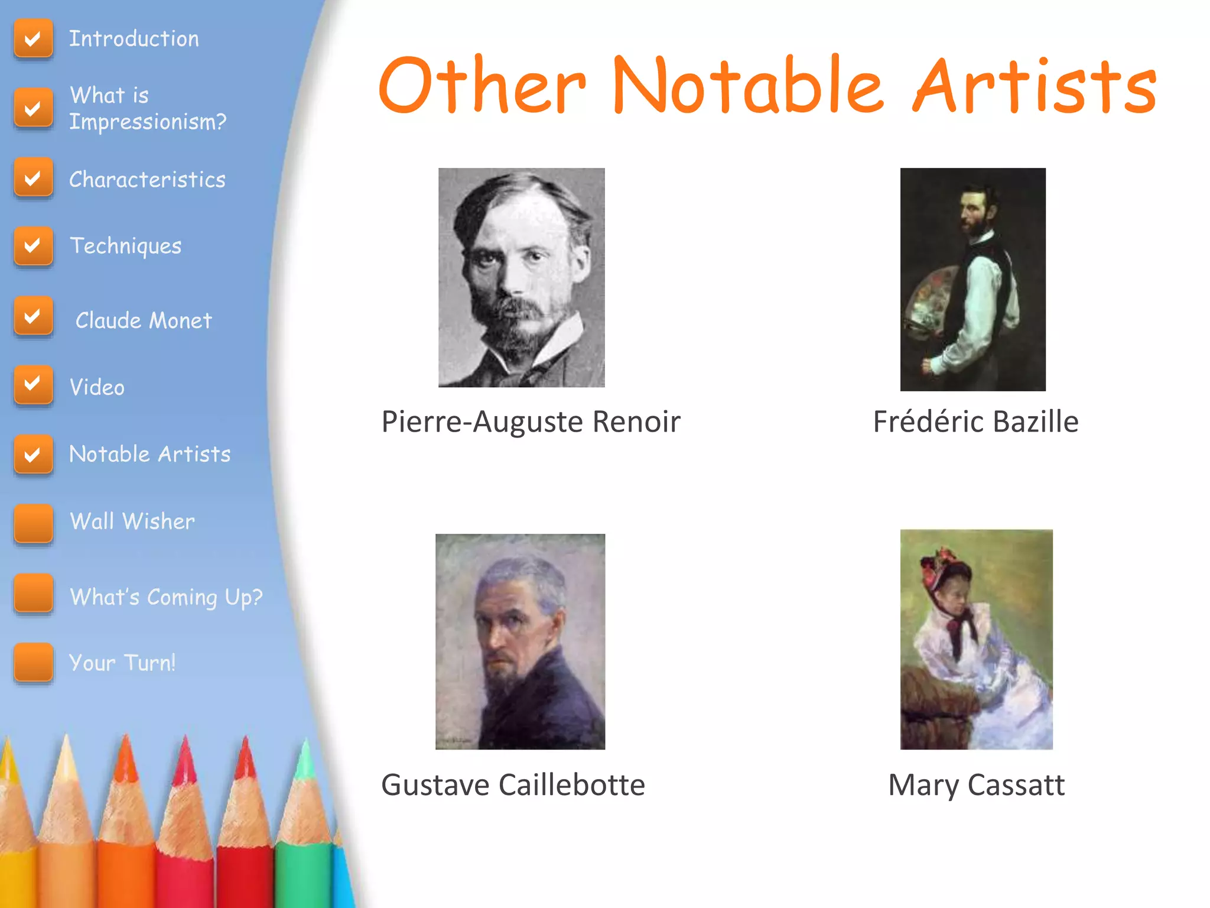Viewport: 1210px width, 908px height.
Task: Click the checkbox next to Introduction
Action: (x=33, y=39)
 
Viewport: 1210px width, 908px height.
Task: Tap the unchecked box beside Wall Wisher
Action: (x=33, y=523)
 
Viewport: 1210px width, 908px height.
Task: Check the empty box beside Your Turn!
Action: (x=33, y=662)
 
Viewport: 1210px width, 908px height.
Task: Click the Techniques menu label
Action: (x=125, y=246)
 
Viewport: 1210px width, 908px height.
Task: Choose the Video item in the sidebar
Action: (x=97, y=388)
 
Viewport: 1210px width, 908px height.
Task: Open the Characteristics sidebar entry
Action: (x=147, y=180)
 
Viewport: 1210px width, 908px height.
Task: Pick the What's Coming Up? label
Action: (x=166, y=597)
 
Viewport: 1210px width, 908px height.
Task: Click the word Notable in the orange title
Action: (x=747, y=86)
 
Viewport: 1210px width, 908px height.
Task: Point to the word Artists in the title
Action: (x=1034, y=86)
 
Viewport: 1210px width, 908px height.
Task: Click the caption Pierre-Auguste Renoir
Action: (x=531, y=422)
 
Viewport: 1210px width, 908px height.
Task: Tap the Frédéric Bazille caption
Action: (x=975, y=422)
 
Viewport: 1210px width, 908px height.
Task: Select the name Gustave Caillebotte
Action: (x=513, y=785)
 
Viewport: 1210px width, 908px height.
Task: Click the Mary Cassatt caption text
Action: (x=976, y=785)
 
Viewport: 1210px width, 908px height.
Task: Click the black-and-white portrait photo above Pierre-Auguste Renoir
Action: (x=521, y=278)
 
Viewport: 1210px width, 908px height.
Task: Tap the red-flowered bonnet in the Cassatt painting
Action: (x=944, y=567)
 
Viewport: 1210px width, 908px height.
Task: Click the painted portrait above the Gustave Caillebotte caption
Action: (x=520, y=641)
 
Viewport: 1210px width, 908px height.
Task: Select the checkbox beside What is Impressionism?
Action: (x=33, y=108)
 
